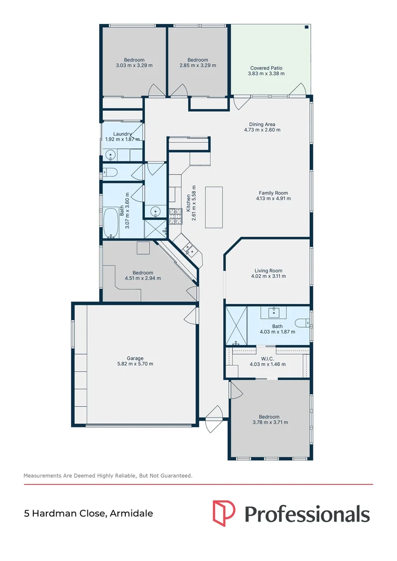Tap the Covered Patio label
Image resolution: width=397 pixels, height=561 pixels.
click(x=266, y=68)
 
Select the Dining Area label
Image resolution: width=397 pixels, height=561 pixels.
click(x=262, y=124)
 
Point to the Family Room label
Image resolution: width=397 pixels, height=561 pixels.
click(x=273, y=193)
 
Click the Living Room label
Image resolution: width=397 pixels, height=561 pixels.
click(x=268, y=270)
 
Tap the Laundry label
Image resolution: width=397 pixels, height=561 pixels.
click(x=122, y=134)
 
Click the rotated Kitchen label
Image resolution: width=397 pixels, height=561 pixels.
click(x=188, y=203)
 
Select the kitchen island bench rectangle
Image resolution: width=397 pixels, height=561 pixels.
click(x=214, y=207)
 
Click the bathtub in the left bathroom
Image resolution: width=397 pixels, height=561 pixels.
click(x=111, y=223)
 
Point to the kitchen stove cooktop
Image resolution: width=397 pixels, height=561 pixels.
click(x=174, y=216)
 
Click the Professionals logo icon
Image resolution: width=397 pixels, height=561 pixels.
click(x=224, y=514)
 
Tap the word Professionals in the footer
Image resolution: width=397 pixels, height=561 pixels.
click(x=307, y=514)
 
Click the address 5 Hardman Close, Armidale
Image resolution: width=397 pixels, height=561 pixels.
click(x=88, y=514)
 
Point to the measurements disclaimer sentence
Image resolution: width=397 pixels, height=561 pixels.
click(x=108, y=475)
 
